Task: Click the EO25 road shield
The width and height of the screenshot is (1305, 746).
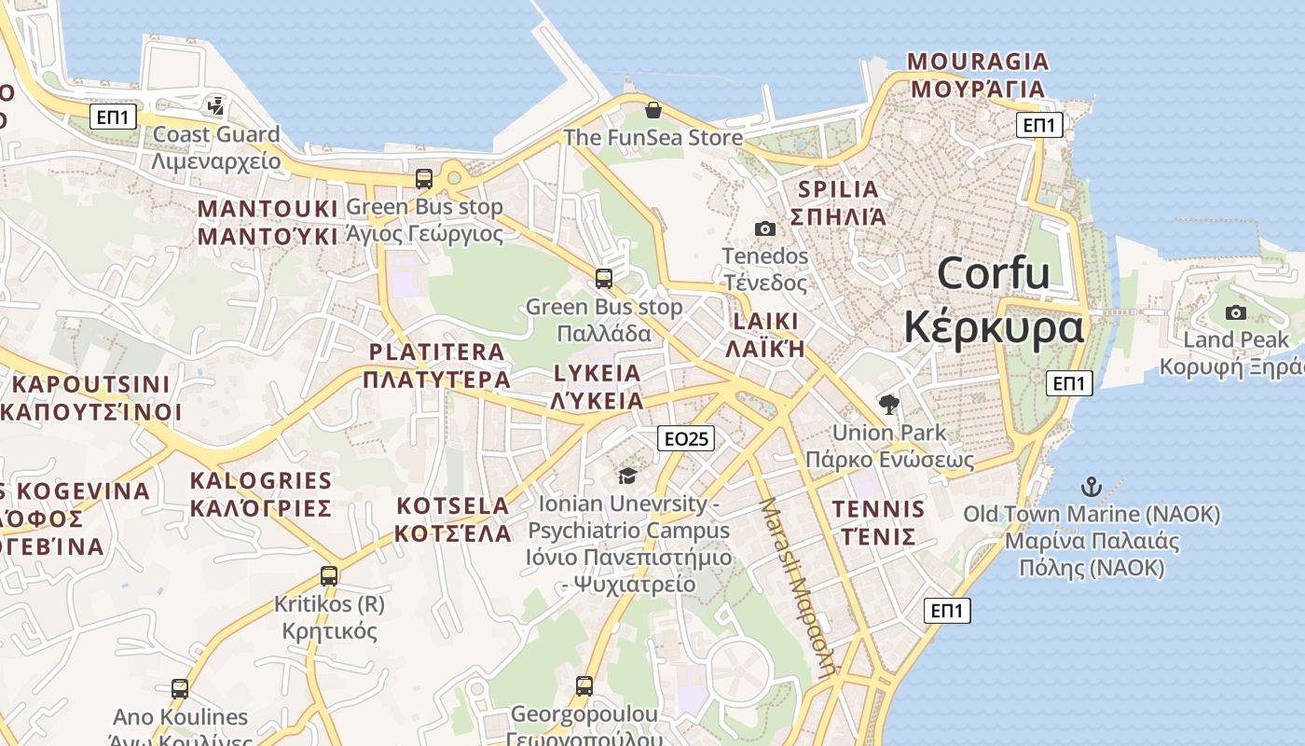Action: pyautogui.click(x=685, y=438)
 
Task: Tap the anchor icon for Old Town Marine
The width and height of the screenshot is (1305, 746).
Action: pyautogui.click(x=1091, y=487)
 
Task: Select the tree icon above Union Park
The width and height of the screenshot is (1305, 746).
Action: pyautogui.click(x=889, y=405)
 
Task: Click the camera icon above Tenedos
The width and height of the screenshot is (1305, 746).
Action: pyautogui.click(x=764, y=228)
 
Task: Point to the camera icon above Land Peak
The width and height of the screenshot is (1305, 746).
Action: pyautogui.click(x=1236, y=312)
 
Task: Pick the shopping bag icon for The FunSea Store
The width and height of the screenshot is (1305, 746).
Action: pyautogui.click(x=653, y=111)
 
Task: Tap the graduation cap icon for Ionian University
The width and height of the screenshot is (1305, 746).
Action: pyautogui.click(x=627, y=477)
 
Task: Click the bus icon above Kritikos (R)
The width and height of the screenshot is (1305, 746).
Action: pyautogui.click(x=328, y=576)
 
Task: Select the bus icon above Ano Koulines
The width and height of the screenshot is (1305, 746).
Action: pyautogui.click(x=180, y=689)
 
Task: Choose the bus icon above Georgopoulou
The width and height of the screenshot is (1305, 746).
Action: pyautogui.click(x=584, y=686)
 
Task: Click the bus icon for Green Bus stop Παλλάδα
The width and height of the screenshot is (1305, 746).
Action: pyautogui.click(x=604, y=278)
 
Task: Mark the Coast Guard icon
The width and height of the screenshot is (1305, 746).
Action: pyautogui.click(x=216, y=106)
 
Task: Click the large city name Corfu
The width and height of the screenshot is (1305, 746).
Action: pyautogui.click(x=994, y=273)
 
